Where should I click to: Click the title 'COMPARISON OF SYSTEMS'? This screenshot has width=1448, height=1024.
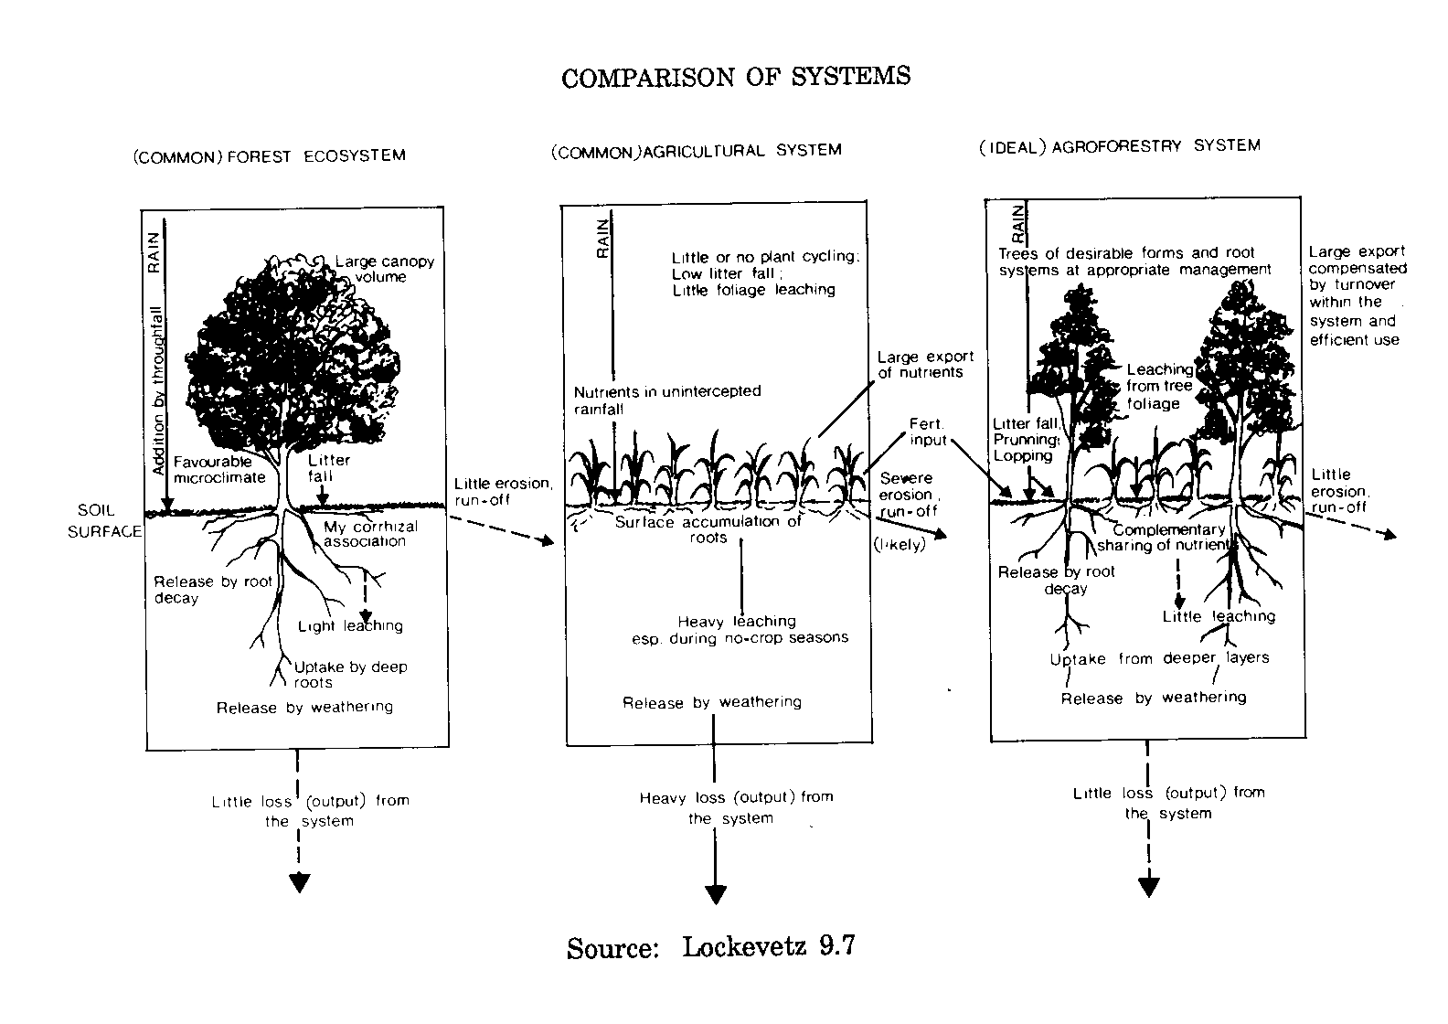click(x=736, y=77)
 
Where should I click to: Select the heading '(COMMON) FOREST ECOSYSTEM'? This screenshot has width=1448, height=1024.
click(x=269, y=155)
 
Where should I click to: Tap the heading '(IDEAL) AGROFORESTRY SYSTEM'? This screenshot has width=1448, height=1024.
click(x=1118, y=146)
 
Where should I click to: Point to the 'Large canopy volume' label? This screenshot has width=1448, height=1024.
click(x=384, y=269)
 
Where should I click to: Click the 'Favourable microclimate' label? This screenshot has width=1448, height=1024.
click(x=218, y=469)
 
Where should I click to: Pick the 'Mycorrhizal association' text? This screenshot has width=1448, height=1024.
click(x=370, y=533)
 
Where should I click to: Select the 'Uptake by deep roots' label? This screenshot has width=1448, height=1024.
click(x=350, y=674)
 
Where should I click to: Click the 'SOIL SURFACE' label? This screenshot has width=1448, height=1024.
click(x=104, y=521)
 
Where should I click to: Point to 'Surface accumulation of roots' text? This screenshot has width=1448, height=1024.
click(x=708, y=529)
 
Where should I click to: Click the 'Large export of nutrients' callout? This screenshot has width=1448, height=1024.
click(x=925, y=364)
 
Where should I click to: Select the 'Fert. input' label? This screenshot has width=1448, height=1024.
click(x=928, y=432)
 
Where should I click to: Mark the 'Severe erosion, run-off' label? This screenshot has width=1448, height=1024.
click(x=908, y=494)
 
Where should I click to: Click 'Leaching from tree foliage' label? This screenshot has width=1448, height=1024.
click(x=1159, y=386)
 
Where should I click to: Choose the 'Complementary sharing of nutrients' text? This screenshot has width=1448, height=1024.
click(x=1168, y=538)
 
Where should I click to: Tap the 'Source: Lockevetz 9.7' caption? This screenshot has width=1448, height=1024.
click(x=710, y=946)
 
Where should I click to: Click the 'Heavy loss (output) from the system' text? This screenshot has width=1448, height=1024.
click(x=736, y=807)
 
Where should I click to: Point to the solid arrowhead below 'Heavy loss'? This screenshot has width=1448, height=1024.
click(x=715, y=894)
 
